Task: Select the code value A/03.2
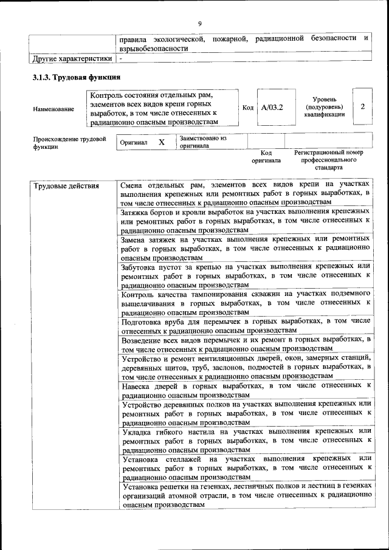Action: coord(272,108)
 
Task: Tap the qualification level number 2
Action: coord(362,107)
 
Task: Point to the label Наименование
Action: coord(54,109)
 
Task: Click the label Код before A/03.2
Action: coord(248,108)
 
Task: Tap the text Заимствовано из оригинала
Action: coord(202,142)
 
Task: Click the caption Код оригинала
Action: coord(266,157)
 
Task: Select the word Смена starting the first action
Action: coord(136,184)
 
